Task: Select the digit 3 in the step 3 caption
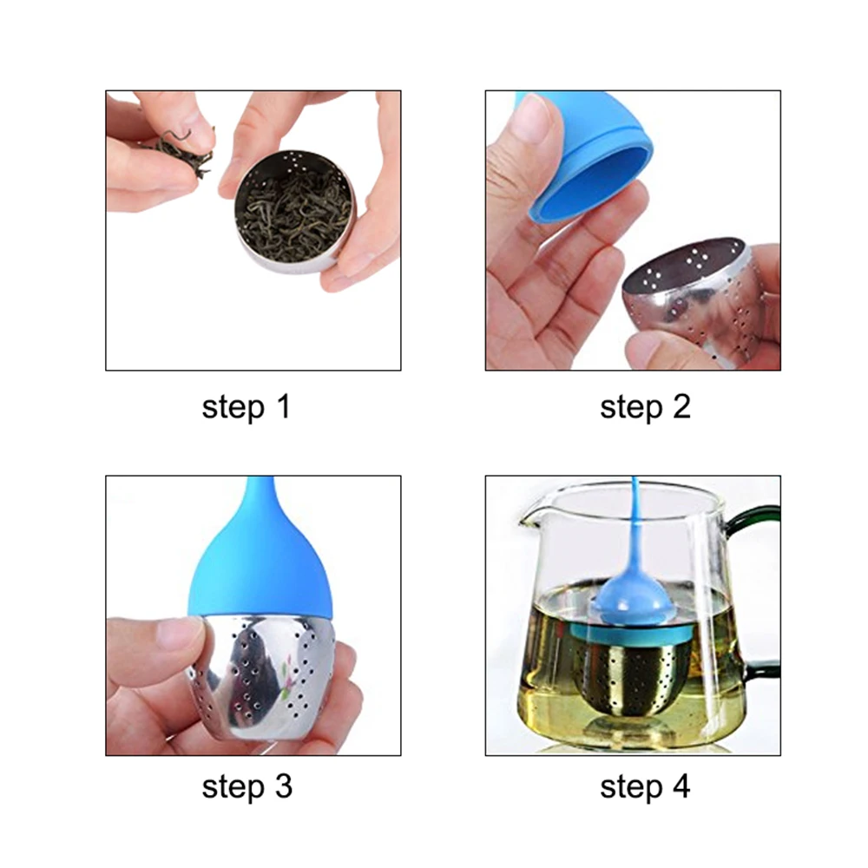[284, 786]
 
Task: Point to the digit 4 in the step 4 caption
[681, 786]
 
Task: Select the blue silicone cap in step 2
[587, 158]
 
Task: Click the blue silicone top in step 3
[260, 559]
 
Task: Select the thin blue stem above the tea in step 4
[635, 526]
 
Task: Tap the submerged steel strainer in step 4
[631, 675]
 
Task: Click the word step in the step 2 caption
[631, 407]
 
